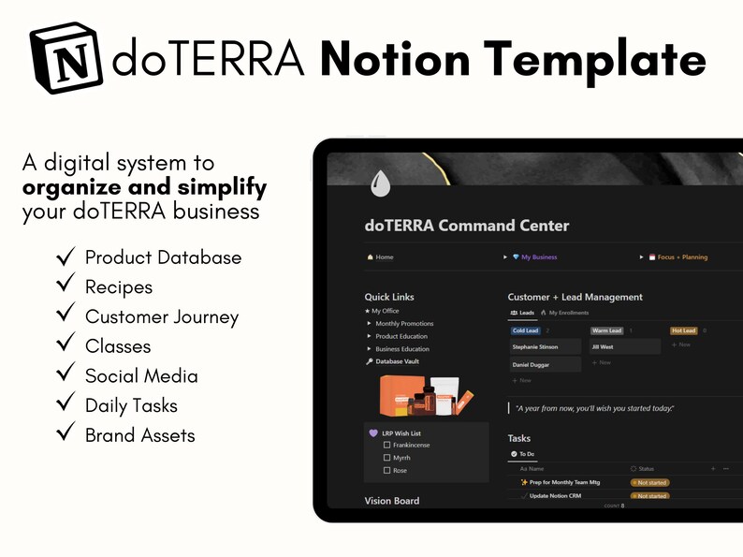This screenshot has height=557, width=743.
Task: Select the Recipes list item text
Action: (118, 286)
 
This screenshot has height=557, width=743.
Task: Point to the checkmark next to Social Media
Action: (66, 374)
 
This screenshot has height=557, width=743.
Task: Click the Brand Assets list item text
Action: (139, 434)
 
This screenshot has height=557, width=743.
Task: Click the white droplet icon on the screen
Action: (380, 183)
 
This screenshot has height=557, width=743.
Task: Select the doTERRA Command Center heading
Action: (466, 226)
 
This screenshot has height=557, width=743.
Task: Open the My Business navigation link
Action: (538, 257)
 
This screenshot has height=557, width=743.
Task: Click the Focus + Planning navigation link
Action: (681, 257)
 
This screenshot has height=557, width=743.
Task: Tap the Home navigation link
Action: (384, 257)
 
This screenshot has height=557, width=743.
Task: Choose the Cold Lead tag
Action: (525, 330)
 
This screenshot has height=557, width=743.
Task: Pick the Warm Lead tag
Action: (605, 330)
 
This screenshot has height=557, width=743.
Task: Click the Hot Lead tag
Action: (683, 330)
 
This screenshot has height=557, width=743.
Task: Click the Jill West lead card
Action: (624, 346)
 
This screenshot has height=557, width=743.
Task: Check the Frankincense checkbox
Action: (387, 446)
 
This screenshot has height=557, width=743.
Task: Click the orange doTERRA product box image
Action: (395, 395)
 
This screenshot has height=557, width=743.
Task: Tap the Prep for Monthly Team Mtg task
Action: (564, 482)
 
